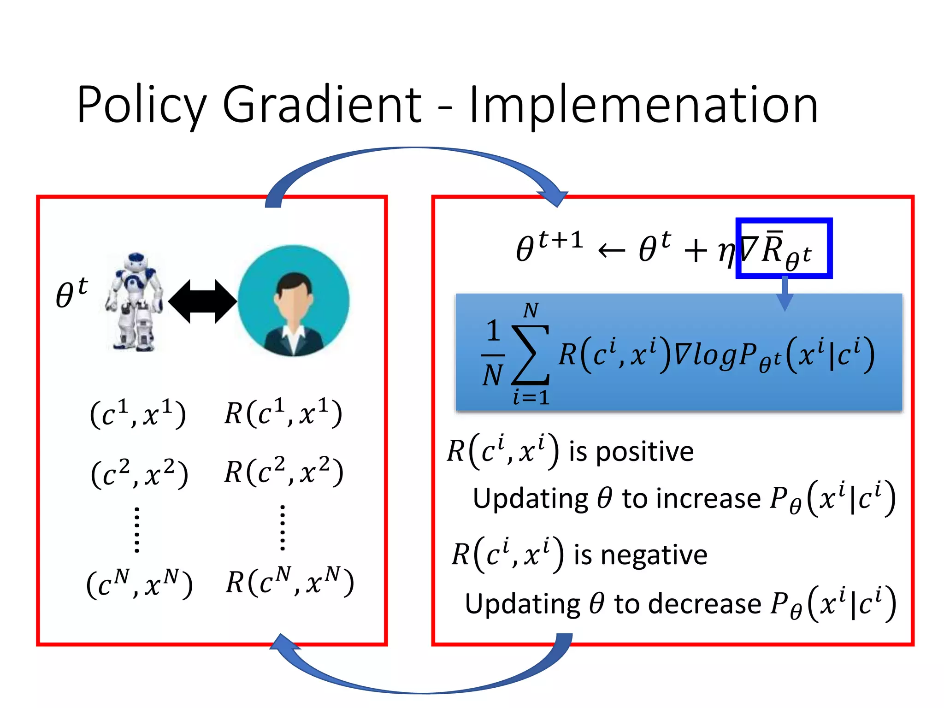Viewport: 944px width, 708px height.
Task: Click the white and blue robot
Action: [x=134, y=302]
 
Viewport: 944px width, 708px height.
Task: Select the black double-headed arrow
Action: [x=202, y=302]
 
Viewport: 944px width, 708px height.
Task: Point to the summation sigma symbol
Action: [x=531, y=355]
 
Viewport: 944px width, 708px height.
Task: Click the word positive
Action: [x=645, y=451]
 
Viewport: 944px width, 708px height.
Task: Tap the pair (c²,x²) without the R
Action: [x=140, y=473]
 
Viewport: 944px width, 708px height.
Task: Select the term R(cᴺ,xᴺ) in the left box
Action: [x=289, y=582]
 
